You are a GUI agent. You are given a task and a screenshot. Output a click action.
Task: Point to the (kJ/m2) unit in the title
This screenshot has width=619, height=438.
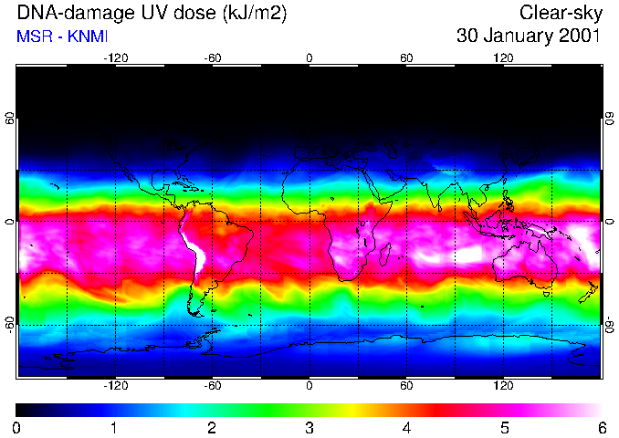click(x=247, y=14)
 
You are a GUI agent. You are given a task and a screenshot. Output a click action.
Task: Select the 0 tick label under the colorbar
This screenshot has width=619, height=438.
click(x=17, y=427)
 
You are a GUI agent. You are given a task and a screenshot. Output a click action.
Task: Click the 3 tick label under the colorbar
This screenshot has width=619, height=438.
click(x=309, y=427)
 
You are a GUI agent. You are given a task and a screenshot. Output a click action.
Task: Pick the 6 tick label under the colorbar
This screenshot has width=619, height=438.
click(x=601, y=427)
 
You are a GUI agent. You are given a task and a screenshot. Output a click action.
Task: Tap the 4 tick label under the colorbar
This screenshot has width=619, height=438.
click(x=406, y=427)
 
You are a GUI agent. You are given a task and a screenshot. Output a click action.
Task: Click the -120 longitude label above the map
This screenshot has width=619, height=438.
click(x=115, y=57)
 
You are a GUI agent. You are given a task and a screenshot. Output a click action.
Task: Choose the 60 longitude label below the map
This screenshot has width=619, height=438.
click(x=406, y=386)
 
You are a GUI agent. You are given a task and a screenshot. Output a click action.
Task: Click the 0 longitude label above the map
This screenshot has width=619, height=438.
click(x=309, y=57)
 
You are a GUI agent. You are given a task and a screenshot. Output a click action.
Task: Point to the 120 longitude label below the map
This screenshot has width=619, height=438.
click(x=503, y=386)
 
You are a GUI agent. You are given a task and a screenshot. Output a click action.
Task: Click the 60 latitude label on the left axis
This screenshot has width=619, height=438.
click(x=10, y=120)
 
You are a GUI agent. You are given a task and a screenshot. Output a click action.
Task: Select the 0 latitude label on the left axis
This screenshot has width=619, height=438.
click(x=10, y=222)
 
